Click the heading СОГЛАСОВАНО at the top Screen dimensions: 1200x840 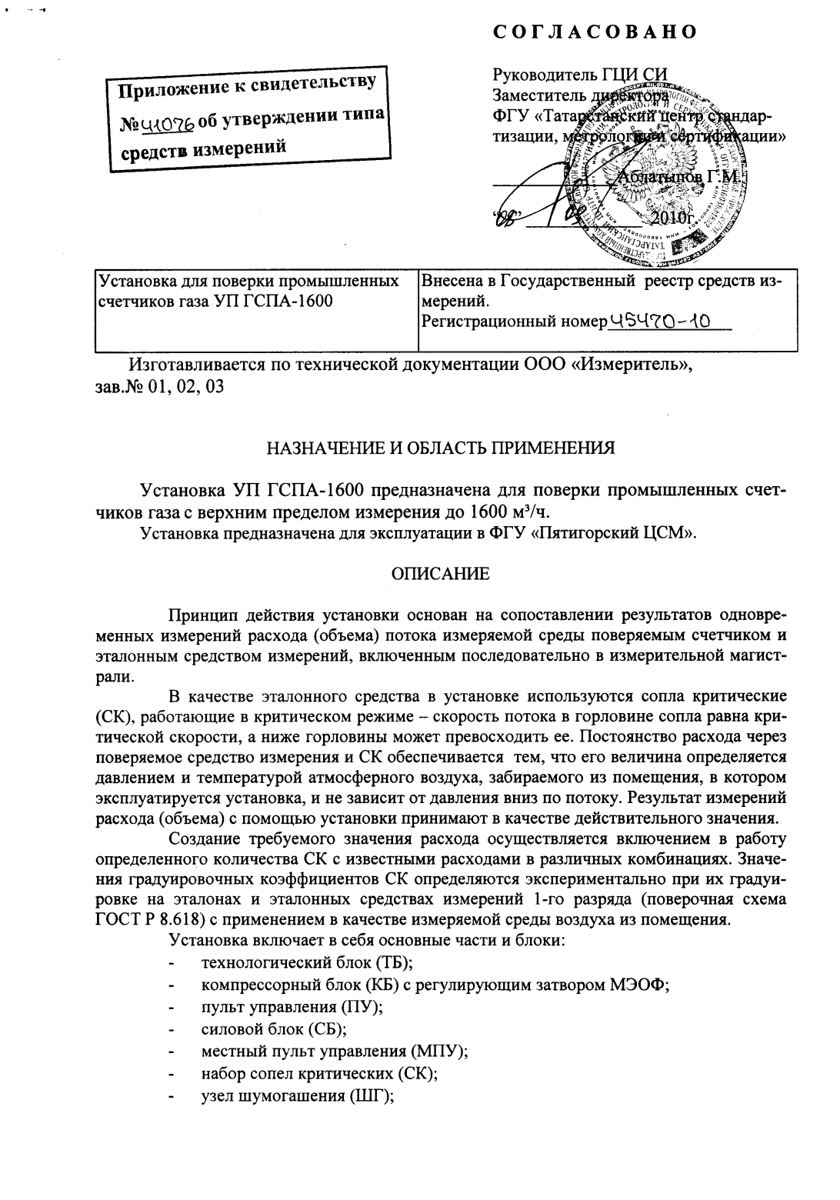tap(595, 32)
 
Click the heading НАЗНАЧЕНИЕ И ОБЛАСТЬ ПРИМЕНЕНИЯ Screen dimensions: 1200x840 tap(440, 448)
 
